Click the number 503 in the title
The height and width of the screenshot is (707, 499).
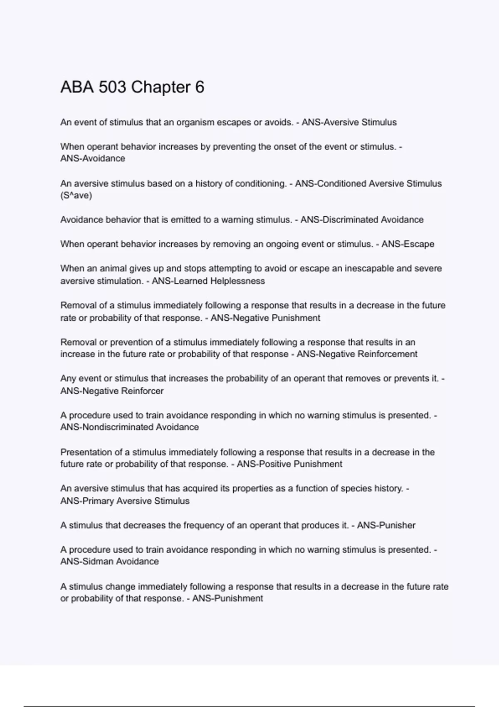coord(112,87)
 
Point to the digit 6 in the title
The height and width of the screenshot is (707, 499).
coord(200,87)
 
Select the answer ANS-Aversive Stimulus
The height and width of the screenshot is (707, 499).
coord(349,122)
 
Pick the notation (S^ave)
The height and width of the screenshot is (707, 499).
coord(76,195)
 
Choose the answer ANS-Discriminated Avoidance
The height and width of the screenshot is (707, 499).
coord(362,220)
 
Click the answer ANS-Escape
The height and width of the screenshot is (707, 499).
coord(408,244)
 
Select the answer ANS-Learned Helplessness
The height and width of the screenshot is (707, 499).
coord(208,281)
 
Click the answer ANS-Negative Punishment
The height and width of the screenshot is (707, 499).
coord(265,318)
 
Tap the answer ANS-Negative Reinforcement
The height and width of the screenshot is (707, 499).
coord(357,354)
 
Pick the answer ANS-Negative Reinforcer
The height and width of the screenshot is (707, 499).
coord(112,391)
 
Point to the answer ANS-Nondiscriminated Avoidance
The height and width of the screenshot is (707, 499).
coord(129,427)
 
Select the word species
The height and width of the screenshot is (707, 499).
coord(356,488)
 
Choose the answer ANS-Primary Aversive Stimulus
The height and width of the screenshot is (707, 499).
coord(125,501)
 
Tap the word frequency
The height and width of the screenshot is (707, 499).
coord(203,525)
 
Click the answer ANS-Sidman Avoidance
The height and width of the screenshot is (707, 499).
coord(109,561)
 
